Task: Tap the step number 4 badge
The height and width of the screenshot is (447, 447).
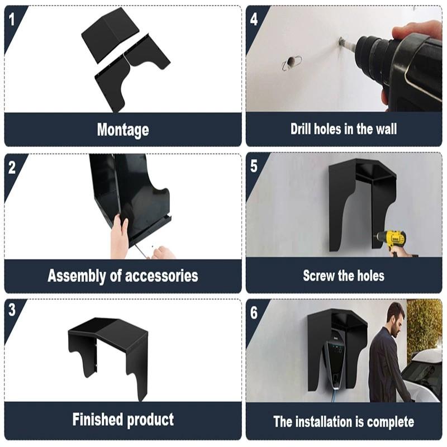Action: [254, 18]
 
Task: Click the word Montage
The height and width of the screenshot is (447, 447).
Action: [123, 130]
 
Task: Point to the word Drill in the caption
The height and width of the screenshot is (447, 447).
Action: [302, 129]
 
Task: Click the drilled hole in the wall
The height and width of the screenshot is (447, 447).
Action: [291, 63]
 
